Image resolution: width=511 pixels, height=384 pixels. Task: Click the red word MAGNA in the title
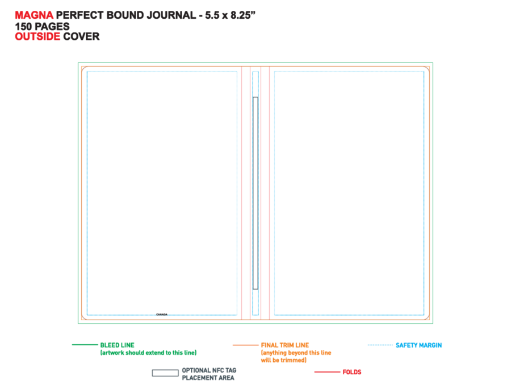(x=34, y=15)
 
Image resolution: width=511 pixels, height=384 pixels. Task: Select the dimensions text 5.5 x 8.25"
(x=230, y=15)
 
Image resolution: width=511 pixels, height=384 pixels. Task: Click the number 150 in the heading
(x=24, y=26)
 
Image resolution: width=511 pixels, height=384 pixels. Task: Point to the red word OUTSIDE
(x=37, y=36)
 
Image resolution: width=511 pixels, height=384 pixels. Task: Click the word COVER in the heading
(x=81, y=36)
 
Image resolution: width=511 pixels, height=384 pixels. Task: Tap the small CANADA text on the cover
(x=162, y=315)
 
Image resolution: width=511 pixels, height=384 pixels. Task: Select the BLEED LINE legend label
(x=118, y=345)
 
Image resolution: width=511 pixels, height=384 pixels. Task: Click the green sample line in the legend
(x=85, y=345)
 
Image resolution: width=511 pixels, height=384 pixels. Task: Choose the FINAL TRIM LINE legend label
(x=285, y=345)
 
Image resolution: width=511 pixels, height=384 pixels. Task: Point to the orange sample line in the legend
(x=245, y=345)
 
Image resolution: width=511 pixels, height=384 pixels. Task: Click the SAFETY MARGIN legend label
(x=419, y=345)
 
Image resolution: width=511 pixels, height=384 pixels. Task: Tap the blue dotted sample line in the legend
(x=380, y=345)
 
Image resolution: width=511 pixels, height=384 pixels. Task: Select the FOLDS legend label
(x=352, y=372)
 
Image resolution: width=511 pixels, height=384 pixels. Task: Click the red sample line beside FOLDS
(x=327, y=372)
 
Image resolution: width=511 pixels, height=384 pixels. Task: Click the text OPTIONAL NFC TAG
(x=209, y=370)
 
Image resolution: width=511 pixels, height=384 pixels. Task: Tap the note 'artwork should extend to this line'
(x=148, y=353)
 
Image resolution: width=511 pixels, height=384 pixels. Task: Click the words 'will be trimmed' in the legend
(x=283, y=360)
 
